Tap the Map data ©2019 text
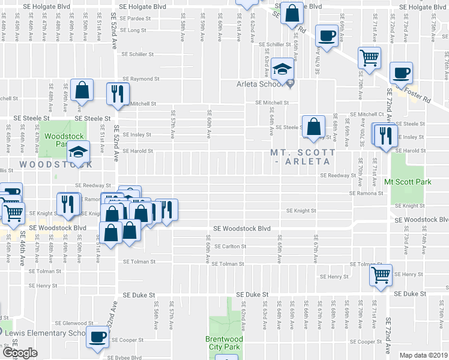[x=423, y=355]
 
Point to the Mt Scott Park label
[x=408, y=181]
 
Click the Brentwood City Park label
[x=227, y=343]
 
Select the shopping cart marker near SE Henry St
[x=381, y=275]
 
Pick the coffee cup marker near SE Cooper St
[x=97, y=337]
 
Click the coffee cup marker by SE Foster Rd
[x=401, y=73]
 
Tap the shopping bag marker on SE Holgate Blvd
[x=291, y=14]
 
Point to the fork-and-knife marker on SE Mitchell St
[x=116, y=93]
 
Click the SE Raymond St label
[x=141, y=79]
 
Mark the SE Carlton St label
[x=231, y=247]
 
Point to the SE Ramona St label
[x=366, y=193]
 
